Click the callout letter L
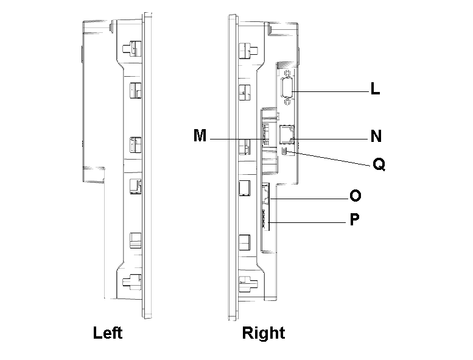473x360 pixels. pyautogui.click(x=376, y=90)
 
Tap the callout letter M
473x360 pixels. pyautogui.click(x=200, y=135)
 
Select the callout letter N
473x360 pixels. pyautogui.click(x=376, y=135)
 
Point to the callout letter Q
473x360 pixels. pyautogui.click(x=379, y=164)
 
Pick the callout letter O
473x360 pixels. pyautogui.click(x=356, y=196)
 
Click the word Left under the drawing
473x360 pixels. pyautogui.click(x=108, y=333)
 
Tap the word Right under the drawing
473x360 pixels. pyautogui.click(x=263, y=333)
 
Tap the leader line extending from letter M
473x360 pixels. pyautogui.click(x=237, y=140)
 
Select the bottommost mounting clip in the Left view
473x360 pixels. pyautogui.click(x=130, y=281)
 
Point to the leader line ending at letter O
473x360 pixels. pyautogui.click(x=310, y=199)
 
